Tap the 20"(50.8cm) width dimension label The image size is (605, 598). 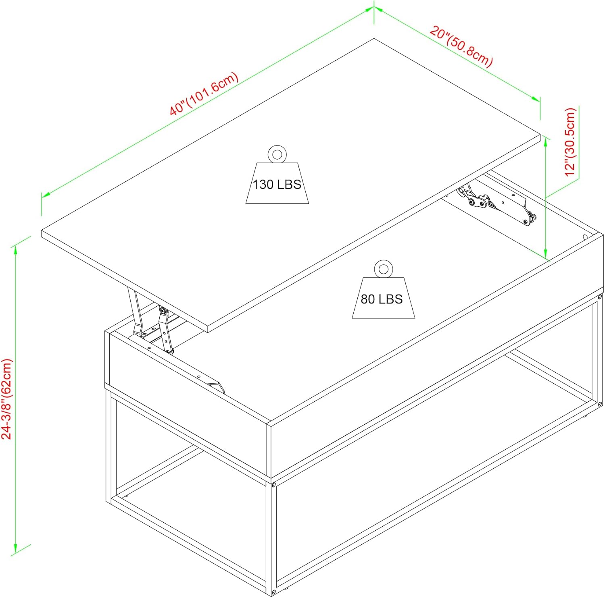[x=461, y=46]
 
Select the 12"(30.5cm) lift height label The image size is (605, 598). [x=570, y=142]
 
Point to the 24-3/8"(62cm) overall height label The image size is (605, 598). [x=7, y=399]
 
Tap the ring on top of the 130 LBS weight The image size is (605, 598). [x=277, y=154]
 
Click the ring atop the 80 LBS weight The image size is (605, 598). [x=383, y=269]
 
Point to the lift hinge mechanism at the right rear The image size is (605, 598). [x=496, y=203]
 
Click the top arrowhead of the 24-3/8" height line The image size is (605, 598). [x=15, y=250]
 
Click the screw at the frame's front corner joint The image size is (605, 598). [x=273, y=485]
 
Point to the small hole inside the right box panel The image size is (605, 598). [x=585, y=237]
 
